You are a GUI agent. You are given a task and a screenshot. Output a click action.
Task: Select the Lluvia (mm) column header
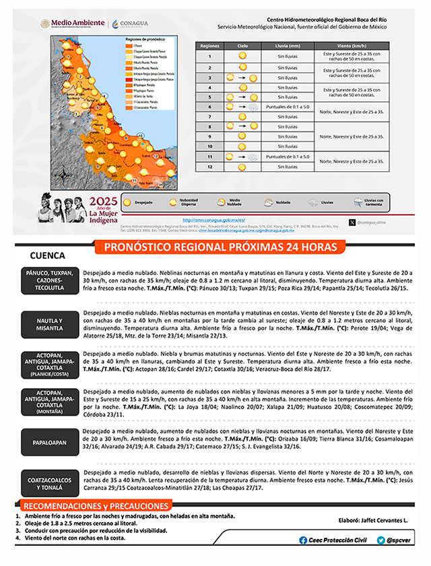288,45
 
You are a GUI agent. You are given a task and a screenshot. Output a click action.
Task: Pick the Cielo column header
242,45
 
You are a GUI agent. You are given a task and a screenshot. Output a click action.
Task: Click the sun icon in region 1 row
242,57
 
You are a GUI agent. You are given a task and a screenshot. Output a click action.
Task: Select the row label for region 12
210,166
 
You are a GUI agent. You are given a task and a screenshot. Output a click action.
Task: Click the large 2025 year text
104,201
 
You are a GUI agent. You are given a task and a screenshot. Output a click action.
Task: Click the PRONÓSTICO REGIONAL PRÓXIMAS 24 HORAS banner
215,248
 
